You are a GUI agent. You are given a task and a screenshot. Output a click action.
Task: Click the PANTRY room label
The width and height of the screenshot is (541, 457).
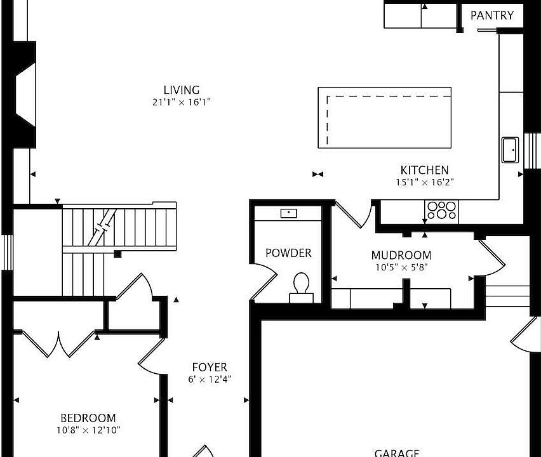click(492, 15)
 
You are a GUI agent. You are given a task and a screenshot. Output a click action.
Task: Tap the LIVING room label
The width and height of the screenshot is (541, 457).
click(182, 90)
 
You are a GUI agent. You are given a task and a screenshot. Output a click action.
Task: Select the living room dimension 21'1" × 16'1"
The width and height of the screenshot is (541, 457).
click(182, 102)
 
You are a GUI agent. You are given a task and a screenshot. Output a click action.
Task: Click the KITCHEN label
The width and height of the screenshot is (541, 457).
click(424, 170)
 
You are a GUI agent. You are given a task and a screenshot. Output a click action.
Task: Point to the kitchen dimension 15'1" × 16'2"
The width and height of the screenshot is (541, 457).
click(424, 182)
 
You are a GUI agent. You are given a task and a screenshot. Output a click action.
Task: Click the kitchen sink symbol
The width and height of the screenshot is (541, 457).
click(510, 150)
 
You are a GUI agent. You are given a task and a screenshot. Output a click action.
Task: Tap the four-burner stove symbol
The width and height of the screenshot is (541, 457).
click(441, 210)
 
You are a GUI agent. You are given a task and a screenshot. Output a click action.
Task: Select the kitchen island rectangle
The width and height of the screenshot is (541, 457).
click(384, 117)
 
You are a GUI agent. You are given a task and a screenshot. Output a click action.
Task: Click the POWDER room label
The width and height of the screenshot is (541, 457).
click(288, 253)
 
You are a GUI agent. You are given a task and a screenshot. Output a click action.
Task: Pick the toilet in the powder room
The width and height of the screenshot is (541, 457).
click(302, 285)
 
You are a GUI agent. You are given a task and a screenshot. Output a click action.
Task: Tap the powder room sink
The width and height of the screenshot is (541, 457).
click(290, 213)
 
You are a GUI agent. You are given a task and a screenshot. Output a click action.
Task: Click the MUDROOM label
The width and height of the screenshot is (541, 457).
click(401, 256)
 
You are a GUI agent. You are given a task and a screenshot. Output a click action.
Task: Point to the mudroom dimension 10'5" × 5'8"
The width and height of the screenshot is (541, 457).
click(401, 267)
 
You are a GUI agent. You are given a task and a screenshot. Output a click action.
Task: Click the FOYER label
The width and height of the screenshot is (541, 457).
click(210, 368)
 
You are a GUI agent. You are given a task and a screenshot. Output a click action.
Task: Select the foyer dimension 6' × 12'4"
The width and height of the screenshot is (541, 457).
click(210, 380)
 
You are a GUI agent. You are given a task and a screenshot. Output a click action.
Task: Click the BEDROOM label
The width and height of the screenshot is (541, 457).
click(88, 418)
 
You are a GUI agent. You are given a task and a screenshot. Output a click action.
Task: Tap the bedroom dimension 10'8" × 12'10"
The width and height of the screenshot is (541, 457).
click(88, 430)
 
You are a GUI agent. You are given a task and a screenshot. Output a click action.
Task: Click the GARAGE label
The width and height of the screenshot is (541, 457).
click(397, 453)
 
